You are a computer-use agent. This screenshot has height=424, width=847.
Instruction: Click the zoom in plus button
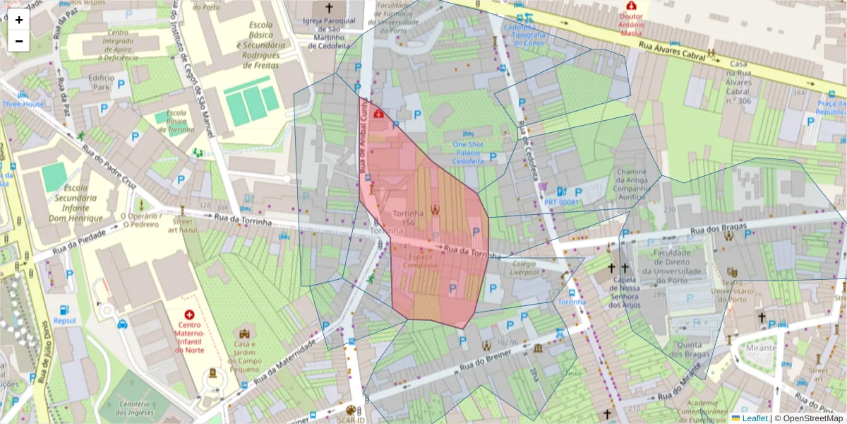pos(19,20)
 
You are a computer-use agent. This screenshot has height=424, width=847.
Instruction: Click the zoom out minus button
pos(19,41)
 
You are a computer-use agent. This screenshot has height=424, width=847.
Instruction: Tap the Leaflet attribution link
pos(755,418)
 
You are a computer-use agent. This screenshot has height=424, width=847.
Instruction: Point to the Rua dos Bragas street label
pos(718,230)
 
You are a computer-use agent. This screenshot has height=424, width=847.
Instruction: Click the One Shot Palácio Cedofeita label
pos(468,153)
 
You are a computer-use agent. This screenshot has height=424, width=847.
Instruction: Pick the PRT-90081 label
pos(561,201)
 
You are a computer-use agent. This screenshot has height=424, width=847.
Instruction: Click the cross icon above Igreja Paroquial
pos(329,8)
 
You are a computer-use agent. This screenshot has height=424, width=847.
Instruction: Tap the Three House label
pos(23,104)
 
